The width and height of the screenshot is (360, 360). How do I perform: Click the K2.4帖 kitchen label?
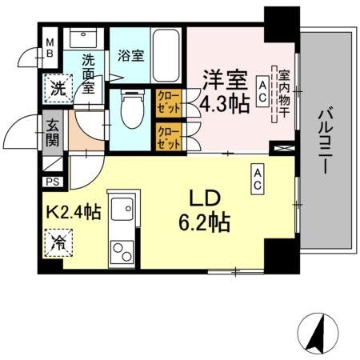[x=71, y=214]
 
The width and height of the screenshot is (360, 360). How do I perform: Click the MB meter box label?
[x=50, y=49]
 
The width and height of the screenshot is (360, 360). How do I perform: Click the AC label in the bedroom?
[x=261, y=90]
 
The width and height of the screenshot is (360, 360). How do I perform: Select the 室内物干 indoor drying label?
[x=283, y=94]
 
